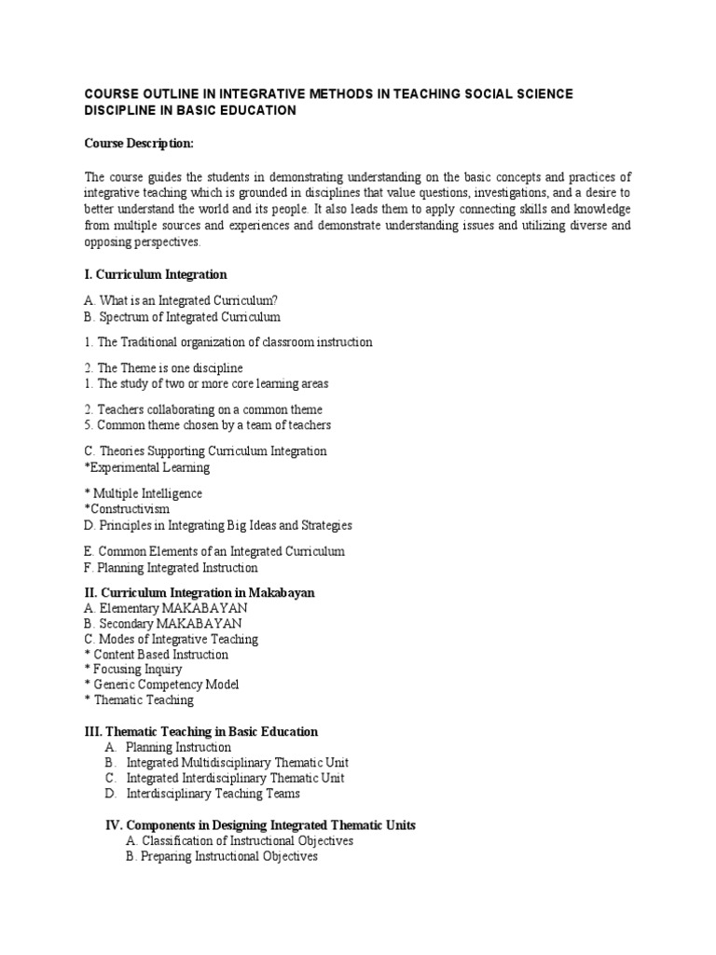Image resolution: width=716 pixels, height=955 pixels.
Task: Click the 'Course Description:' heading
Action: point(140,144)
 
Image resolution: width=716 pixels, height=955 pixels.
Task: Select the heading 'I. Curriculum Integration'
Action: point(156,275)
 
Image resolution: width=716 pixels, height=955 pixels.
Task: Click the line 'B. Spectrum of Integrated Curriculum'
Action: point(183,317)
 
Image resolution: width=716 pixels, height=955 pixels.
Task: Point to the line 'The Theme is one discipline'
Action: point(170,367)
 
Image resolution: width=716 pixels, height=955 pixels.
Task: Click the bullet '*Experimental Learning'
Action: point(146,467)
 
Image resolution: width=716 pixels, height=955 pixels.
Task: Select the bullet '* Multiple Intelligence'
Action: point(143,493)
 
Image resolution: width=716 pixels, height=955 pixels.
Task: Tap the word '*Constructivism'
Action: point(127,509)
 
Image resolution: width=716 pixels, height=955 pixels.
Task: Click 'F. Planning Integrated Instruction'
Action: point(171,567)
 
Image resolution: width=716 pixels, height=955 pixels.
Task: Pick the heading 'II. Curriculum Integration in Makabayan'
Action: point(199,592)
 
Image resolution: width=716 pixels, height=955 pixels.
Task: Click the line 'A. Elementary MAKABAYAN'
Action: point(166,608)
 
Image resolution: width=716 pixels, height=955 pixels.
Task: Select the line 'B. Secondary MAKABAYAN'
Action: point(163,623)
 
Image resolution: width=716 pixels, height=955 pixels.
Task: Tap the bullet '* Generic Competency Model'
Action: point(161,685)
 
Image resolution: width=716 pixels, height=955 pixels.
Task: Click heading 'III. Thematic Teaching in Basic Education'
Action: point(200,731)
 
